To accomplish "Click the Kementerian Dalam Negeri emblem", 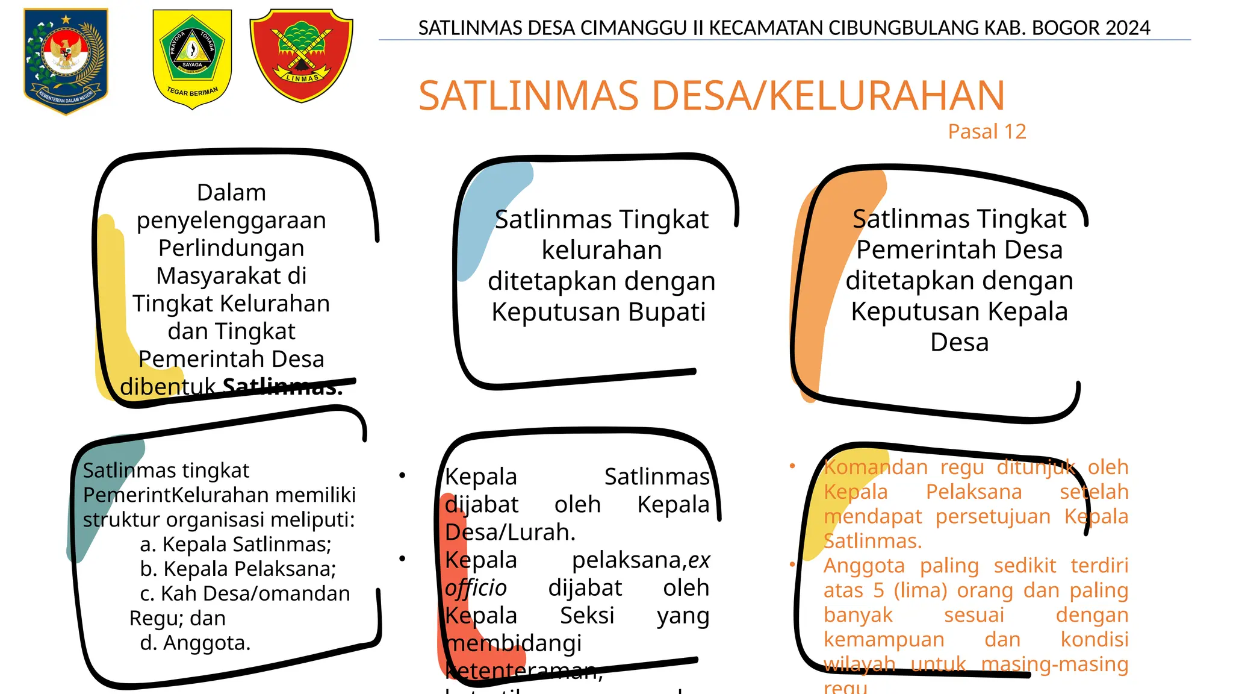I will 66,60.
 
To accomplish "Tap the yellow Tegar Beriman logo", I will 192,58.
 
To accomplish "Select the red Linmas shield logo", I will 301,55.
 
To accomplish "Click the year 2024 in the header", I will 1128,28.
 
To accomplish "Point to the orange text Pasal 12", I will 987,131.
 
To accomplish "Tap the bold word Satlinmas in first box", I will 282,387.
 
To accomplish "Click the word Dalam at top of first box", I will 231,193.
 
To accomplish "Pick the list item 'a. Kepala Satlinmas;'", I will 235,544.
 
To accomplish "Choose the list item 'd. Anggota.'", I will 195,643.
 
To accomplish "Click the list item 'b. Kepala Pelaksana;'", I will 238,569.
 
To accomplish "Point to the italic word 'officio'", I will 476,588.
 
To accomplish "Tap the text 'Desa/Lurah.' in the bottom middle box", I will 510,533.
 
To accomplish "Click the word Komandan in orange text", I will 875,467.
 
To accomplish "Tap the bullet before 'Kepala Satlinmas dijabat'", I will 402,476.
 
